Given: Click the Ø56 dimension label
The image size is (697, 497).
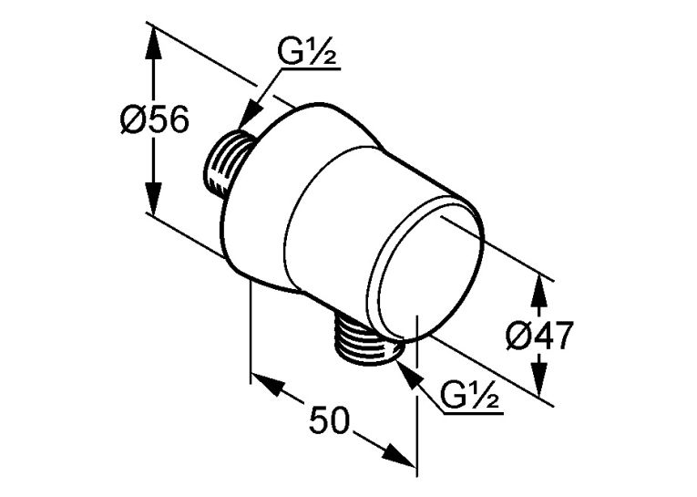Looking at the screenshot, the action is pos(155,120).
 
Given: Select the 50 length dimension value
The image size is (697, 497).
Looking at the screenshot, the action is pos(330,420).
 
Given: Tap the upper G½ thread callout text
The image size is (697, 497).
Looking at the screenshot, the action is pos(307,53).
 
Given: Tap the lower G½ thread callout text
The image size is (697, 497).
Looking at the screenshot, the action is pos(469,395).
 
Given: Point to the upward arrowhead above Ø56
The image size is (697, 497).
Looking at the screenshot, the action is pos(153,43).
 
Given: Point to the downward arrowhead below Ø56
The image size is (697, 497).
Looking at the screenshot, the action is pos(153,199).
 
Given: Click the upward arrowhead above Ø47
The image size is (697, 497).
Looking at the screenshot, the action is pos(539,291).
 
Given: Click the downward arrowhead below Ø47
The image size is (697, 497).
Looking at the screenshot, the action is pos(539,380).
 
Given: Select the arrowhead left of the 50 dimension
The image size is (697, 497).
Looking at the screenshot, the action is pos(267,384).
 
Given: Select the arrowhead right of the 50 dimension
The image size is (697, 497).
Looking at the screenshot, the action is pos(401,455).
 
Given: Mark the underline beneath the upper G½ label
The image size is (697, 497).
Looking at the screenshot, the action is pos(311,69).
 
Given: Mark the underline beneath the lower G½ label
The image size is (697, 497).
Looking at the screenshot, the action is pos(474,414).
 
